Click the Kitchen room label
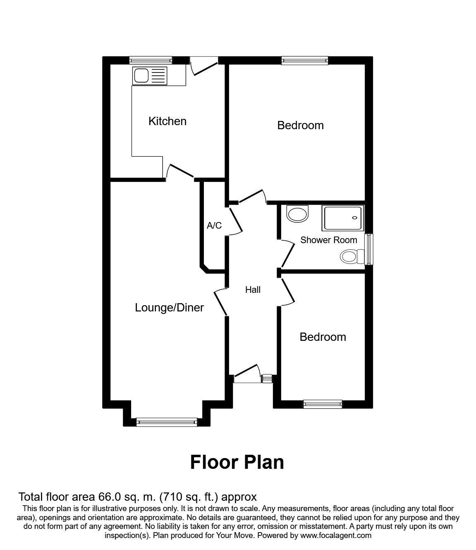tap(167, 121)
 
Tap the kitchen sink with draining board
tap(150, 76)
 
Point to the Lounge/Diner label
tap(170, 308)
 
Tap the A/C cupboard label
tap(214, 226)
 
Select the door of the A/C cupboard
tap(235, 222)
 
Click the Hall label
tap(253, 290)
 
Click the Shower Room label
tap(328, 240)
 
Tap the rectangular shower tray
tap(343, 218)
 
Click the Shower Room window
tap(369, 249)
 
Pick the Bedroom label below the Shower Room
tap(323, 337)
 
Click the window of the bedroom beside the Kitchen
tap(305, 60)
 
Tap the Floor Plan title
tap(237, 462)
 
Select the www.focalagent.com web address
tap(335, 536)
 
